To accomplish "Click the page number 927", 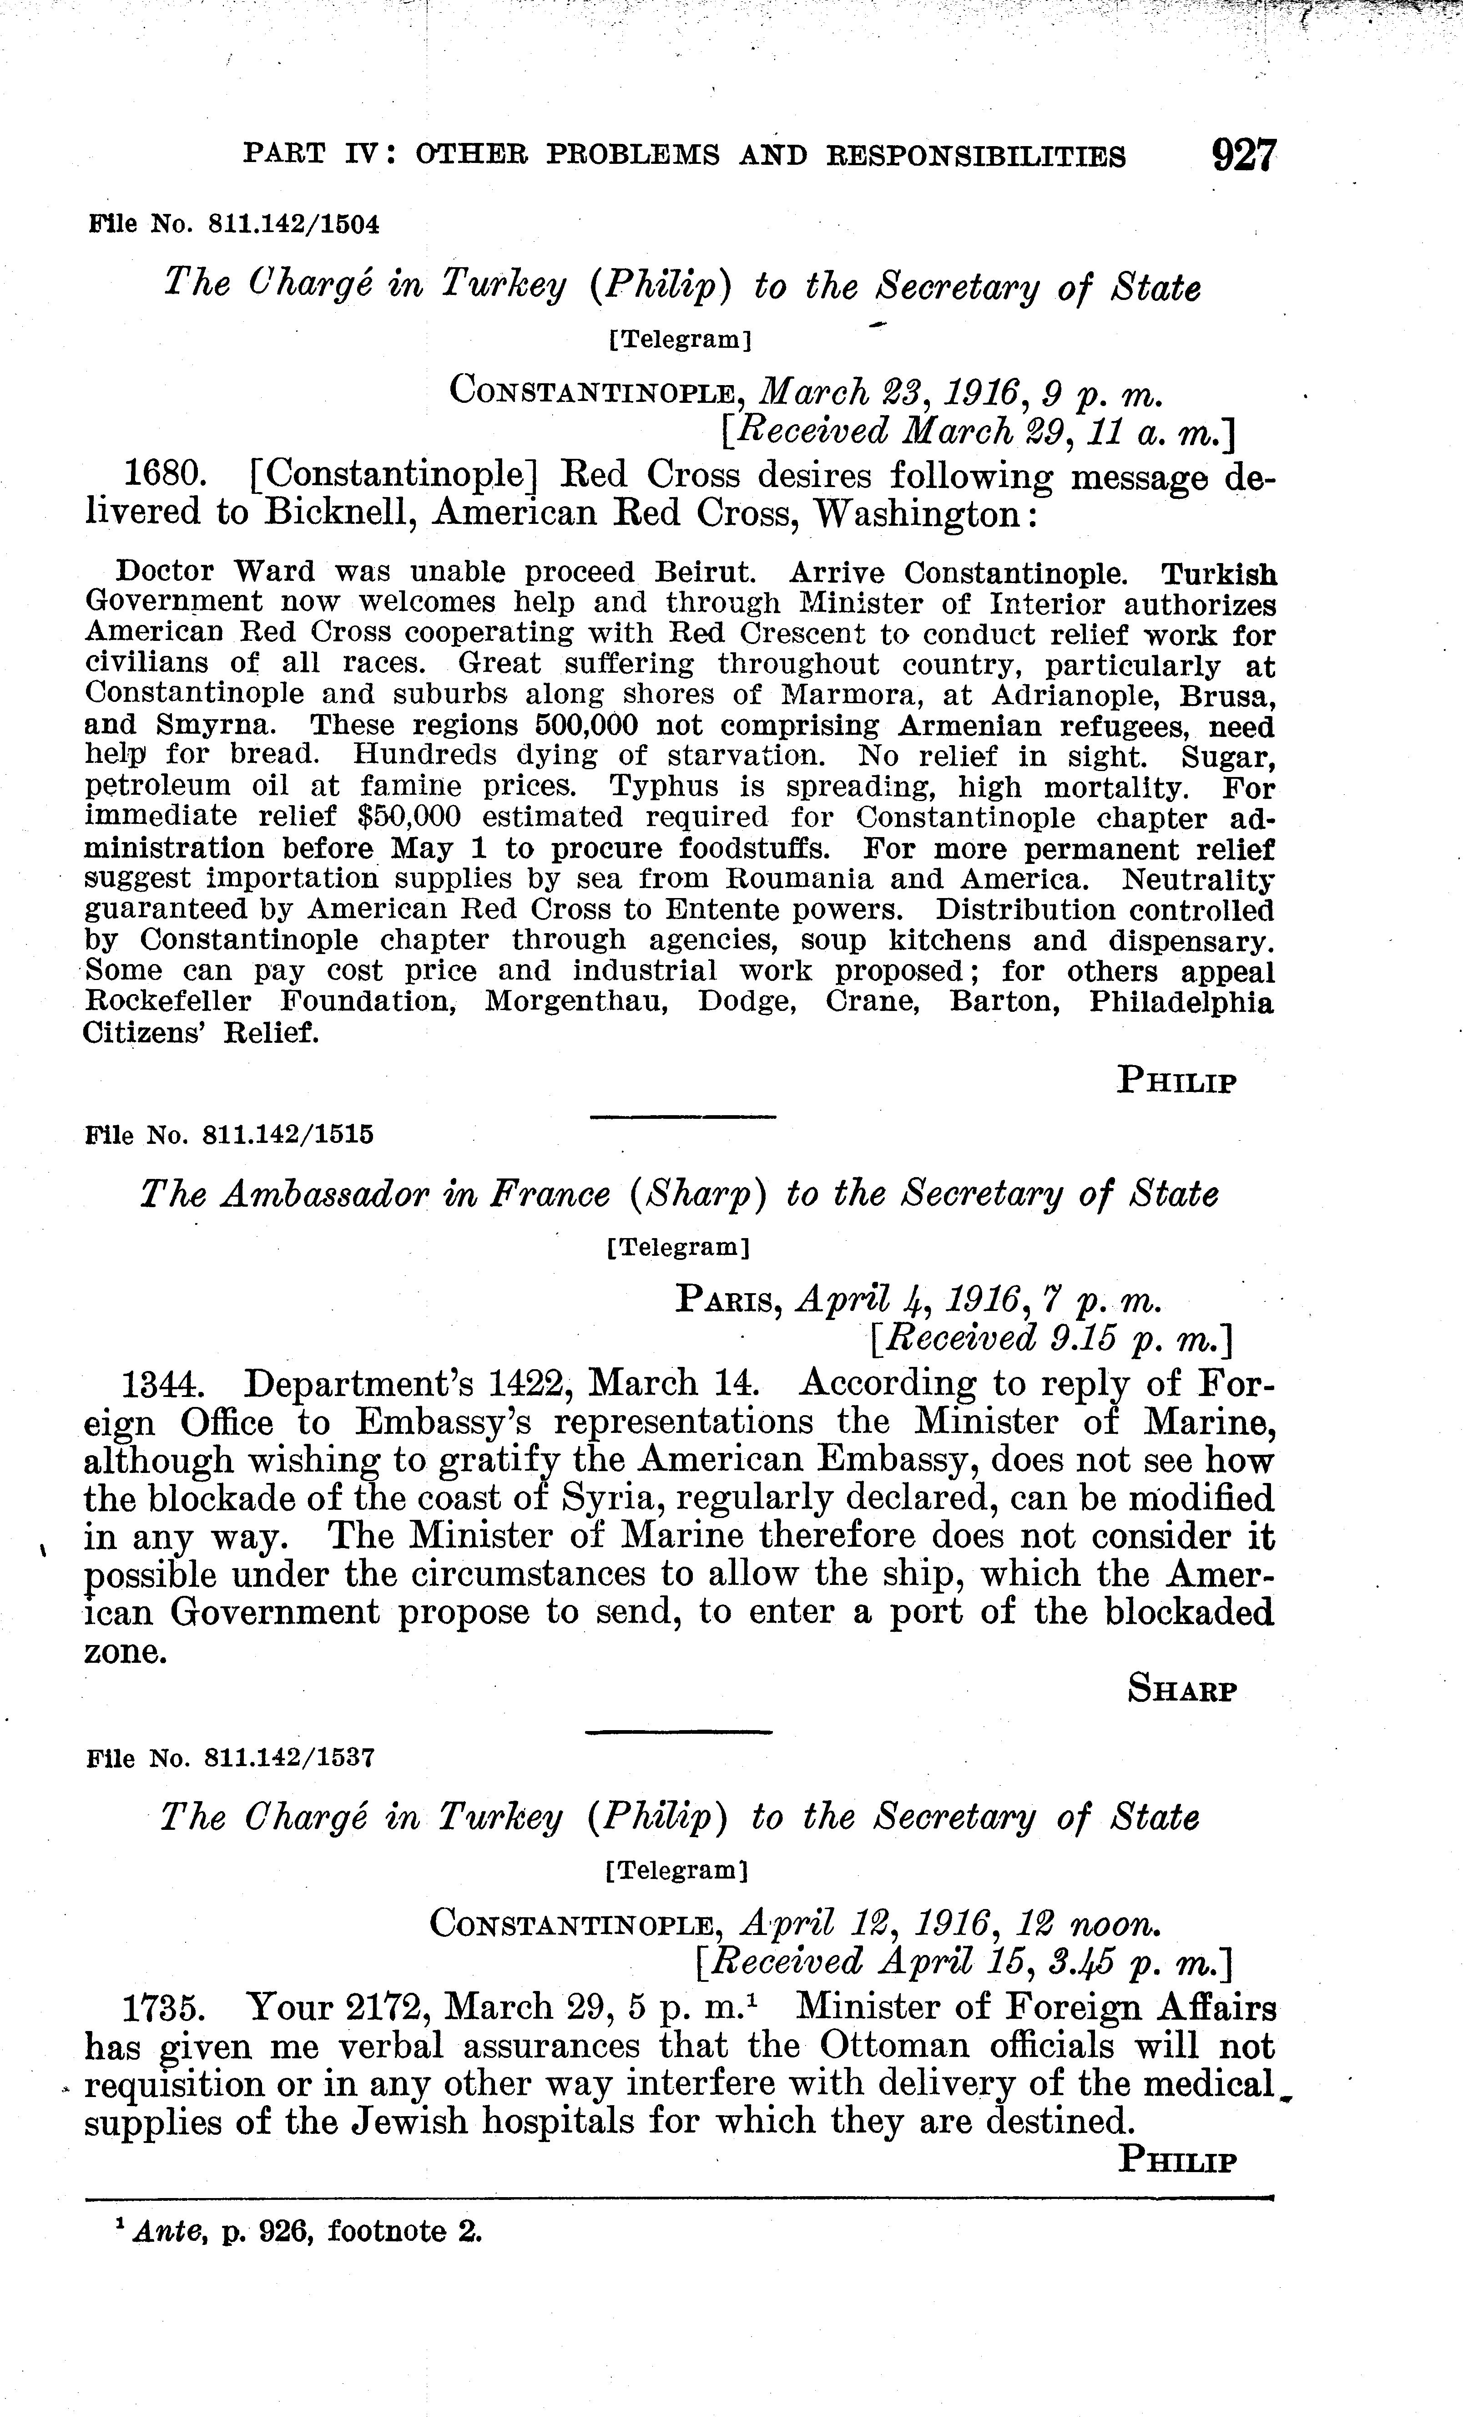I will point(1243,156).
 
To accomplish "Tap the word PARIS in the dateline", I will point(727,1301).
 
